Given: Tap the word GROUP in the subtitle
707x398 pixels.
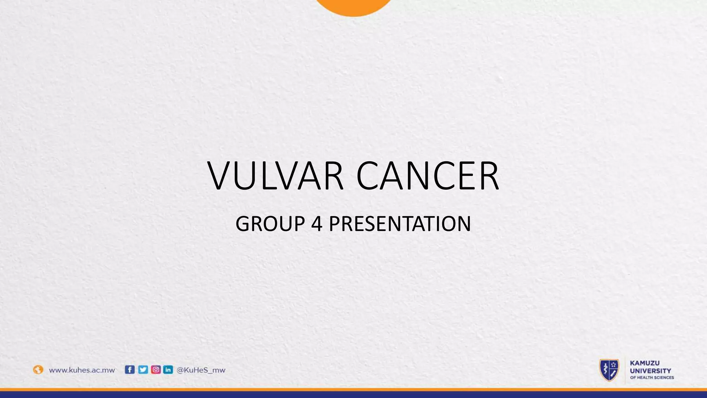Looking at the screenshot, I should pyautogui.click(x=270, y=224).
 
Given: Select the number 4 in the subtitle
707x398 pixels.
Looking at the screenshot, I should pyautogui.click(x=317, y=224).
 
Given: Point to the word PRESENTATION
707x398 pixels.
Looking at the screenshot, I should pyautogui.click(x=399, y=224).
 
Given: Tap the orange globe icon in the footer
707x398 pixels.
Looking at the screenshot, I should pyautogui.click(x=38, y=370).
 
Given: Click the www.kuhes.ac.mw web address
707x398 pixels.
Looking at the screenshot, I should pyautogui.click(x=82, y=370).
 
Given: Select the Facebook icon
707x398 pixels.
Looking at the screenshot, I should pyautogui.click(x=129, y=370).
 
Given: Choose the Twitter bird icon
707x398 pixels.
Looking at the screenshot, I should pyautogui.click(x=143, y=370).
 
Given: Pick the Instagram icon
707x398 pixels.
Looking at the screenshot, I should pyautogui.click(x=156, y=370).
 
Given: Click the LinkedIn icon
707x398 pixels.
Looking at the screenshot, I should pyautogui.click(x=168, y=370).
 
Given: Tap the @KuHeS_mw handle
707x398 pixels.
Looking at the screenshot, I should pyautogui.click(x=201, y=370).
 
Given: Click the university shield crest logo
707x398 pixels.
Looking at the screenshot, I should pyautogui.click(x=609, y=370).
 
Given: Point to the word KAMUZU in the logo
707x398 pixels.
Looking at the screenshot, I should pyautogui.click(x=645, y=363).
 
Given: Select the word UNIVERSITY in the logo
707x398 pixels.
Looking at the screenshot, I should pyautogui.click(x=650, y=371).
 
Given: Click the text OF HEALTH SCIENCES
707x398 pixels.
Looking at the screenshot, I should pyautogui.click(x=652, y=378).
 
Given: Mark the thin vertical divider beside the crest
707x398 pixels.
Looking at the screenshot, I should pyautogui.click(x=625, y=370).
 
